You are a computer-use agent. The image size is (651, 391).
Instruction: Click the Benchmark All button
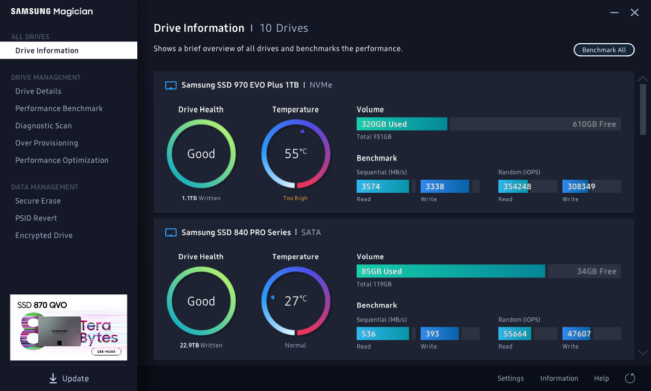pyautogui.click(x=604, y=50)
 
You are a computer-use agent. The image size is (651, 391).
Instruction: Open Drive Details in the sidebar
pyautogui.click(x=38, y=91)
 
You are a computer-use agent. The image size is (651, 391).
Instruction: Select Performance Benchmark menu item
pyautogui.click(x=59, y=109)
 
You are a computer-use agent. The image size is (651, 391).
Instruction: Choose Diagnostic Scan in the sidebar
pyautogui.click(x=44, y=126)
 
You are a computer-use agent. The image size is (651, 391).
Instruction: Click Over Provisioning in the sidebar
pyautogui.click(x=47, y=143)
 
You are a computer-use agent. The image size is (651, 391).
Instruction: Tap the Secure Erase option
pyautogui.click(x=38, y=201)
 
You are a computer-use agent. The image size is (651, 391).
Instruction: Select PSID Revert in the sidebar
pyautogui.click(x=36, y=218)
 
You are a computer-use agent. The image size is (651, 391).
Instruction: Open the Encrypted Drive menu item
pyautogui.click(x=44, y=235)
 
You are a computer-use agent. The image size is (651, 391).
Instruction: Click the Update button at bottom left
pyautogui.click(x=69, y=378)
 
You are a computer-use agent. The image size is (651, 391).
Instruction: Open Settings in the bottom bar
pyautogui.click(x=510, y=378)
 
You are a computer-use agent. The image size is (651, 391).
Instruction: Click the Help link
pyautogui.click(x=601, y=378)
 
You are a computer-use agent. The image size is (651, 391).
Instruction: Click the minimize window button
pyautogui.click(x=615, y=12)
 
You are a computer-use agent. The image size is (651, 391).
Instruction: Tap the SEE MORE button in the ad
pyautogui.click(x=106, y=352)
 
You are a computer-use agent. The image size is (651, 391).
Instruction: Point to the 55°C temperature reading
pyautogui.click(x=295, y=154)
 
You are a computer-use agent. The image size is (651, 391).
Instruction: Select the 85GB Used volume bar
pyautogui.click(x=451, y=271)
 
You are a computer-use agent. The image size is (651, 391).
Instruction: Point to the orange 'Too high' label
pyautogui.click(x=295, y=198)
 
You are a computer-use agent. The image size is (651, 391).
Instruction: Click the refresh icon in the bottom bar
pyautogui.click(x=630, y=378)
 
